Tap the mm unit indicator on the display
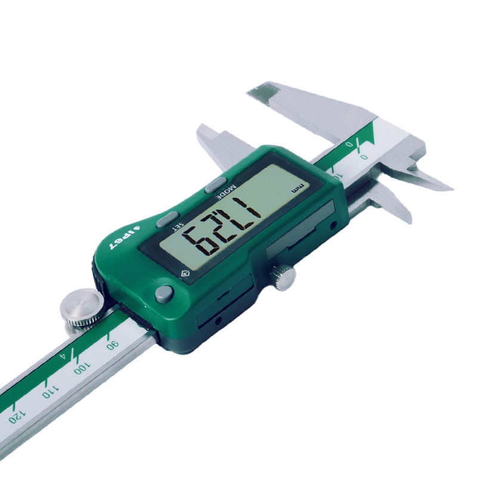(x=296, y=189)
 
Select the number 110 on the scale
(x=51, y=391)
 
